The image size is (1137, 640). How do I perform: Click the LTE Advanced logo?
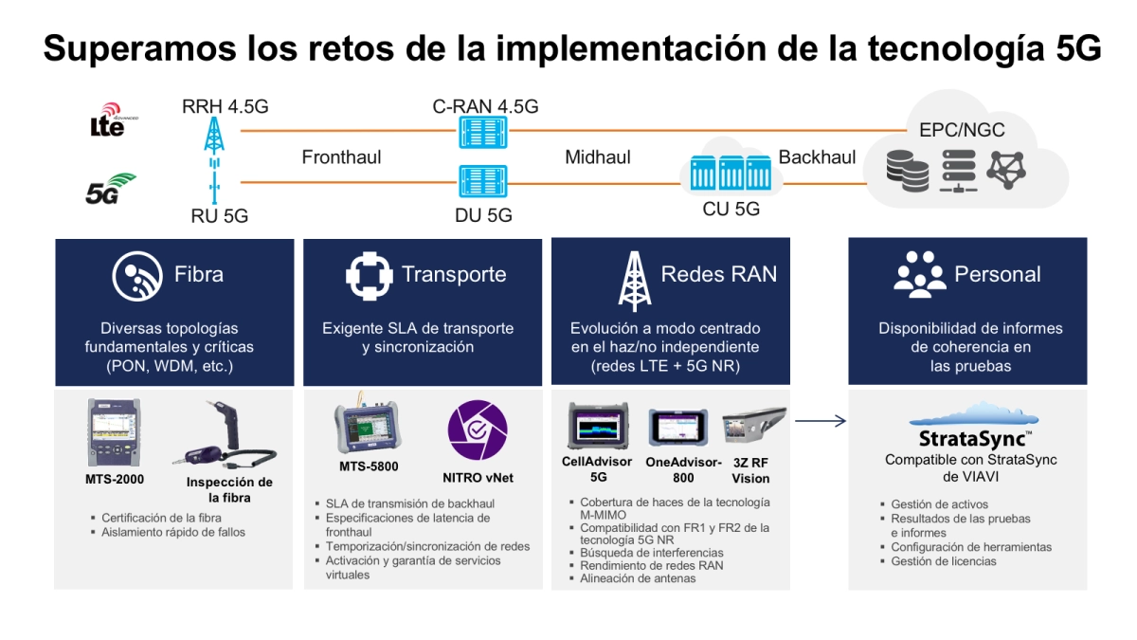click(x=113, y=119)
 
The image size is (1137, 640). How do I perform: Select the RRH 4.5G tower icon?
click(x=214, y=136)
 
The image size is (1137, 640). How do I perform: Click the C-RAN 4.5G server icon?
click(x=482, y=132)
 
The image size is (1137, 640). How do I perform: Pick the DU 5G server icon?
click(x=482, y=181)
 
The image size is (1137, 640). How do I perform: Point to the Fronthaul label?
click(x=341, y=157)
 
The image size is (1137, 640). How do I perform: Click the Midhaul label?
click(x=598, y=157)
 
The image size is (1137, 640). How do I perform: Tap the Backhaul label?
click(x=817, y=157)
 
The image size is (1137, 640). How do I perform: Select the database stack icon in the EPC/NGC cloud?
click(x=908, y=171)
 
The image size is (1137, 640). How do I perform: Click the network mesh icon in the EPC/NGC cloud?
click(x=1006, y=170)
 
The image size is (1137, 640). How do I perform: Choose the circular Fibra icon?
click(x=137, y=276)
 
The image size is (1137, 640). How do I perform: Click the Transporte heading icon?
click(x=369, y=276)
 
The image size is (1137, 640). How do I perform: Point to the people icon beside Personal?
click(x=919, y=274)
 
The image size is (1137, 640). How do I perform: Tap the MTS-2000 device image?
click(x=115, y=432)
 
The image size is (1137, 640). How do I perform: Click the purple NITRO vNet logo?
click(x=478, y=430)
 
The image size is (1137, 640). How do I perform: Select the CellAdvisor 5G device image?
click(x=599, y=426)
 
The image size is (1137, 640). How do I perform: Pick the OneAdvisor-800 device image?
click(x=678, y=428)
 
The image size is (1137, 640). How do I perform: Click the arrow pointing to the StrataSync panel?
click(x=821, y=421)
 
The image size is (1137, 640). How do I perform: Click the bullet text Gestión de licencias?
click(x=943, y=561)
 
